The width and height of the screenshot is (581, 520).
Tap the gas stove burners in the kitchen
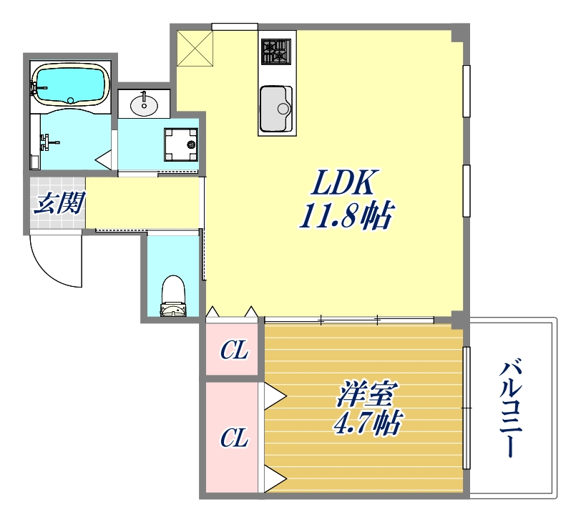275,51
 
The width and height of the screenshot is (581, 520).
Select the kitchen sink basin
276,109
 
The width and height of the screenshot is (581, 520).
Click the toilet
172,295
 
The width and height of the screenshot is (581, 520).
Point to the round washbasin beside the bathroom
145,105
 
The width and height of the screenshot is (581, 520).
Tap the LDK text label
342,185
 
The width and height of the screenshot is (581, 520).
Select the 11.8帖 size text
345,215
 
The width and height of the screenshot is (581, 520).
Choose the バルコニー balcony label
512,408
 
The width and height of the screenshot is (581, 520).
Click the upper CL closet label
233,350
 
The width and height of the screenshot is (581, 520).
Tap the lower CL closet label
233,438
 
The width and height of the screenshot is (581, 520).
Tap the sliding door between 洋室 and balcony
467,407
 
